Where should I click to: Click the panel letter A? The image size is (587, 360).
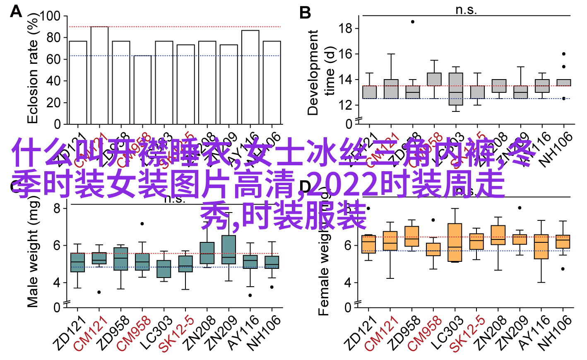point(16,11)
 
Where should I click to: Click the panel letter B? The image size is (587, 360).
point(305,13)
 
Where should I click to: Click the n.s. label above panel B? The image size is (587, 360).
point(466,10)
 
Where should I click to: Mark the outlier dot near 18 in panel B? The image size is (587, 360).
point(413,22)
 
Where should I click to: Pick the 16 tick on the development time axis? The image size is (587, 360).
point(345,54)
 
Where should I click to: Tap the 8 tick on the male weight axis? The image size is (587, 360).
point(57,208)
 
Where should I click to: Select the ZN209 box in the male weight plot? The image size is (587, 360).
point(229,249)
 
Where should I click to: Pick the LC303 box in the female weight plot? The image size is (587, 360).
point(455,243)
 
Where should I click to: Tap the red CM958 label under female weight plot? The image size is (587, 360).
point(424,334)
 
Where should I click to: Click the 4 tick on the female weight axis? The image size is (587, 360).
point(348,283)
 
